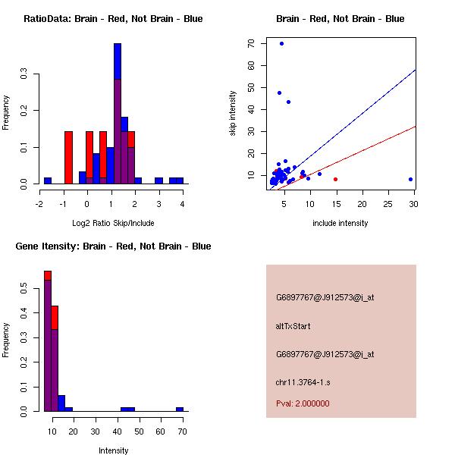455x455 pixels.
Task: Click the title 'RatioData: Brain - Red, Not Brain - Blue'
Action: [113, 18]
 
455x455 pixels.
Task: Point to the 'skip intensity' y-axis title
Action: [233, 114]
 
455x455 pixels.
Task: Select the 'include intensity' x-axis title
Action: [340, 223]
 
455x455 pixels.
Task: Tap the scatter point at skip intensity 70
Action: [281, 43]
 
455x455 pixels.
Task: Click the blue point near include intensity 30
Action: [410, 180]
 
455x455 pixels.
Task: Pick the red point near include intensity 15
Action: [335, 180]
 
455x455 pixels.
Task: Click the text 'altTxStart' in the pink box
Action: [293, 326]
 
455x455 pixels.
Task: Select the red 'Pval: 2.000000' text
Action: [303, 403]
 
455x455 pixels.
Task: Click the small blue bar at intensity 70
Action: [180, 409]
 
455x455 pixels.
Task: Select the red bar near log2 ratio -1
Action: [68, 158]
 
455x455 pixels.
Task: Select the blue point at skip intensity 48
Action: [279, 93]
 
